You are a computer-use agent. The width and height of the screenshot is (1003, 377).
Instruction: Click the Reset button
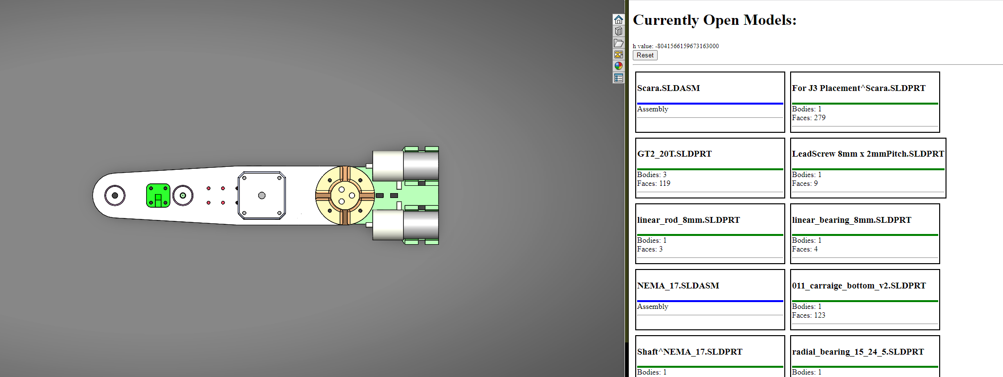tap(645, 55)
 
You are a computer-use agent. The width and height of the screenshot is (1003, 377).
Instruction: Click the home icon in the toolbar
tap(618, 19)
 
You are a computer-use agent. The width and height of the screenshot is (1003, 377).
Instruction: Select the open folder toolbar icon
tap(618, 43)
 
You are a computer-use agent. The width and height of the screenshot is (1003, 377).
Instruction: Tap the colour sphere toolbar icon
tap(618, 66)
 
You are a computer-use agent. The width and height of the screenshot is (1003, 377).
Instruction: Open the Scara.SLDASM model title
tap(668, 88)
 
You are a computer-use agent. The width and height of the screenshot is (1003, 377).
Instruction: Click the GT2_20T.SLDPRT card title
tap(674, 154)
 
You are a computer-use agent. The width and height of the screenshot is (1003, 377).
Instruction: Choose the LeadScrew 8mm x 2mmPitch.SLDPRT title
tap(868, 154)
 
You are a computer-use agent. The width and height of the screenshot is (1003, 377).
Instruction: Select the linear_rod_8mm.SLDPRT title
tap(688, 220)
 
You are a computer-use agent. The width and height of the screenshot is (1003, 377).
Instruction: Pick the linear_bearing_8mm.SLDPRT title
tap(851, 220)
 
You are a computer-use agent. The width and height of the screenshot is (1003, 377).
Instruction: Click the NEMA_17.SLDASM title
tap(678, 286)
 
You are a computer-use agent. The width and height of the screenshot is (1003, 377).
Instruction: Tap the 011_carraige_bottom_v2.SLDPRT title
tap(859, 286)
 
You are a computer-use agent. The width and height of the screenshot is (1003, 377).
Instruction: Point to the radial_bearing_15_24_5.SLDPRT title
tap(857, 352)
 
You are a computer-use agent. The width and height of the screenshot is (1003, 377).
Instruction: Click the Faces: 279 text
tap(808, 118)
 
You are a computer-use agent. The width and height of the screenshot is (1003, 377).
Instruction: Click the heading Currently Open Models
tap(714, 20)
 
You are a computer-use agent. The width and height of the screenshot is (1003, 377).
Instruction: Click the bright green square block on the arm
tap(158, 196)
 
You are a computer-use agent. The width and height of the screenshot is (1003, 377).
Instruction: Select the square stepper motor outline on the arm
tap(262, 196)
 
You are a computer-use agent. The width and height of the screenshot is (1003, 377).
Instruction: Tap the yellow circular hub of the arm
tap(345, 196)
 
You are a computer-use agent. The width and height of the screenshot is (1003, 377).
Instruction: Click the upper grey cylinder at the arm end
tap(405, 165)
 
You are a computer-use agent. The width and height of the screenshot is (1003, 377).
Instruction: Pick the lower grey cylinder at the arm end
tap(405, 225)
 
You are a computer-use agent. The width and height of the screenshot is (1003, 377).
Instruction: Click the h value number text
tap(687, 46)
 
